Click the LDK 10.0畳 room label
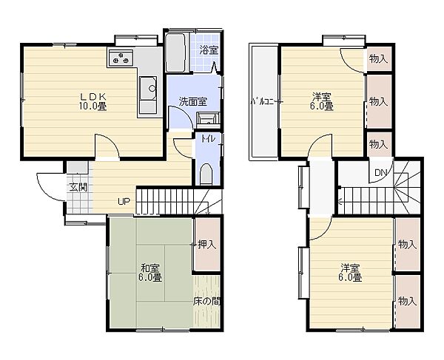point(93,101)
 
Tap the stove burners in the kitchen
point(121,58)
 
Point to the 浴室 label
point(209,50)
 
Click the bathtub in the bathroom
point(175,52)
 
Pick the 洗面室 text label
point(193,102)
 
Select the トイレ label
point(208,139)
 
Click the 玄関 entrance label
point(78,187)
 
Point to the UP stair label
point(124,201)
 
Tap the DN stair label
point(380,172)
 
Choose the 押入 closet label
point(207,245)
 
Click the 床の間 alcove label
point(206,302)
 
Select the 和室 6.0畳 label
point(150,273)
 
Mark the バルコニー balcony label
point(263,102)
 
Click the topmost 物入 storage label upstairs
point(378,59)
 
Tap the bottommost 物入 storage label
point(407,301)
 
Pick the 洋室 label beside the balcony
point(323,101)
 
